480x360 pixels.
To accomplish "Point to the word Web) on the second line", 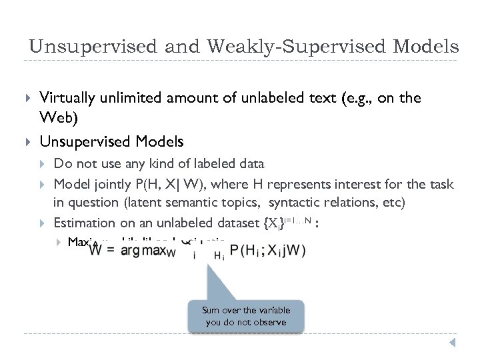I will pyautogui.click(x=56, y=118).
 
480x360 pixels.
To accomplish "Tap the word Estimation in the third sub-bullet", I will pyautogui.click(x=84, y=223).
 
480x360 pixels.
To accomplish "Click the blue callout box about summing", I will pyautogui.click(x=247, y=316).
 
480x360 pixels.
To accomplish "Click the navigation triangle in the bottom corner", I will pyautogui.click(x=451, y=343).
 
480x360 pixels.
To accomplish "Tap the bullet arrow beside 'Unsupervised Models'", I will pyautogui.click(x=27, y=142).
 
